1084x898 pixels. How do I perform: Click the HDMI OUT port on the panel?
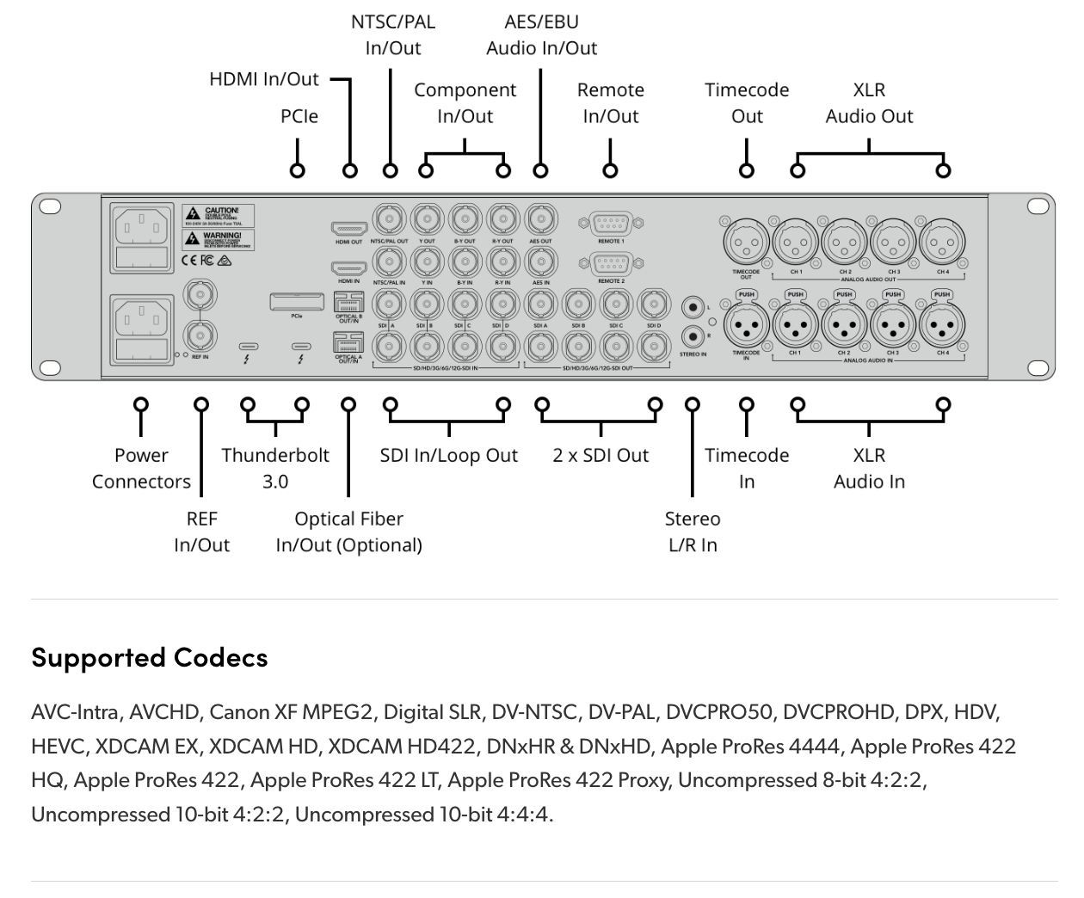348,229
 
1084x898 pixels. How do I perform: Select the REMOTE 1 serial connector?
610,224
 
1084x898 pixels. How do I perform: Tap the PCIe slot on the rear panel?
297,301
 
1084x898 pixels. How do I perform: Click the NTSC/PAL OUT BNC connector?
389,219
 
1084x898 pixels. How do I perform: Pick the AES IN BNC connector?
540,261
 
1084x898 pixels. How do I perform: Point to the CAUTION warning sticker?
218,215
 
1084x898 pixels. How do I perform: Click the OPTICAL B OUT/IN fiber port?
348,302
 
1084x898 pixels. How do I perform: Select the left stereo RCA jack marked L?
693,307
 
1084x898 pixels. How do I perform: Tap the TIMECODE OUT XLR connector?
746,244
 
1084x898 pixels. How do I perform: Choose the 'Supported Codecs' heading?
150,658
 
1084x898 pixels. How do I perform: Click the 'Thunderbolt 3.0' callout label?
275,468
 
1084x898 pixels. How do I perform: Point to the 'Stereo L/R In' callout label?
693,532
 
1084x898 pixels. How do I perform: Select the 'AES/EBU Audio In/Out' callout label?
541,35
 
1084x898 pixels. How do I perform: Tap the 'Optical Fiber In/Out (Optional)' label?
348,532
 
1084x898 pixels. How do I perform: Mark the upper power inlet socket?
141,229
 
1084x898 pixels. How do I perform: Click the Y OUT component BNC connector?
427,219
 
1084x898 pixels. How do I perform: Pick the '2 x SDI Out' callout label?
601,456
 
